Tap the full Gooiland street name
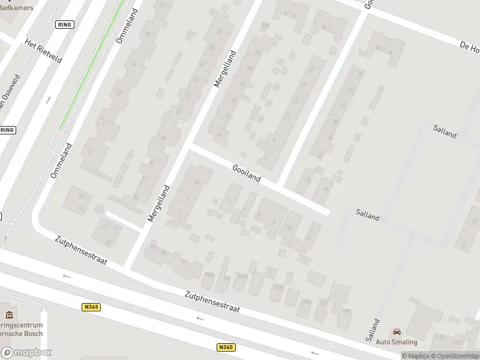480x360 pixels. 246,173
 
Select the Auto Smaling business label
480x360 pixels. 396,342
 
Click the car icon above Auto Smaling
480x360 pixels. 396,332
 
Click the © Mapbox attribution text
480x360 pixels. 416,356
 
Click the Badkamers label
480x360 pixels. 16,7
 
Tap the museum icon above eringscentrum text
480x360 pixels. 8,314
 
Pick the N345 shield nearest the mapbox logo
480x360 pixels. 91,307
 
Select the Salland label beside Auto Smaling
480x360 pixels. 374,331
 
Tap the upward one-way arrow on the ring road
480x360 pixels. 49,100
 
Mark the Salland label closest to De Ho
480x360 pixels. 445,130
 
